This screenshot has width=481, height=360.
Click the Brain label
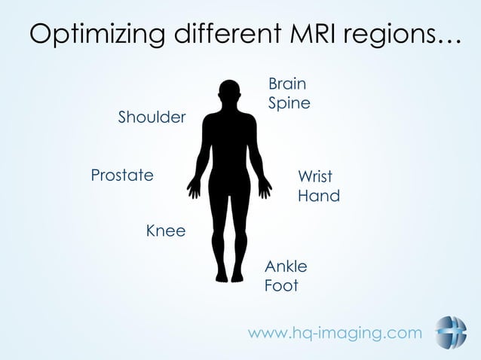pos(287,83)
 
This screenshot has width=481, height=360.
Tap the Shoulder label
pos(152,117)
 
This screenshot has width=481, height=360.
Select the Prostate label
pos(122,175)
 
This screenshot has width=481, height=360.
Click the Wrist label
pos(314,177)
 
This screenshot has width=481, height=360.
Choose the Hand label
pos(318,197)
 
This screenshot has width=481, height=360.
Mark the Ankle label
pos(286,267)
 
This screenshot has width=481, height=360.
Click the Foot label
pos(281,286)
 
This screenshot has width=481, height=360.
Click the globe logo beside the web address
pos(450,333)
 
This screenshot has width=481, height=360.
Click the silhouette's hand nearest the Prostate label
pos(194,188)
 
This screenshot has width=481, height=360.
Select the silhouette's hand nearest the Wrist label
pos(265,188)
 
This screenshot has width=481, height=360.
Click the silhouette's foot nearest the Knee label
pos(221,276)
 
